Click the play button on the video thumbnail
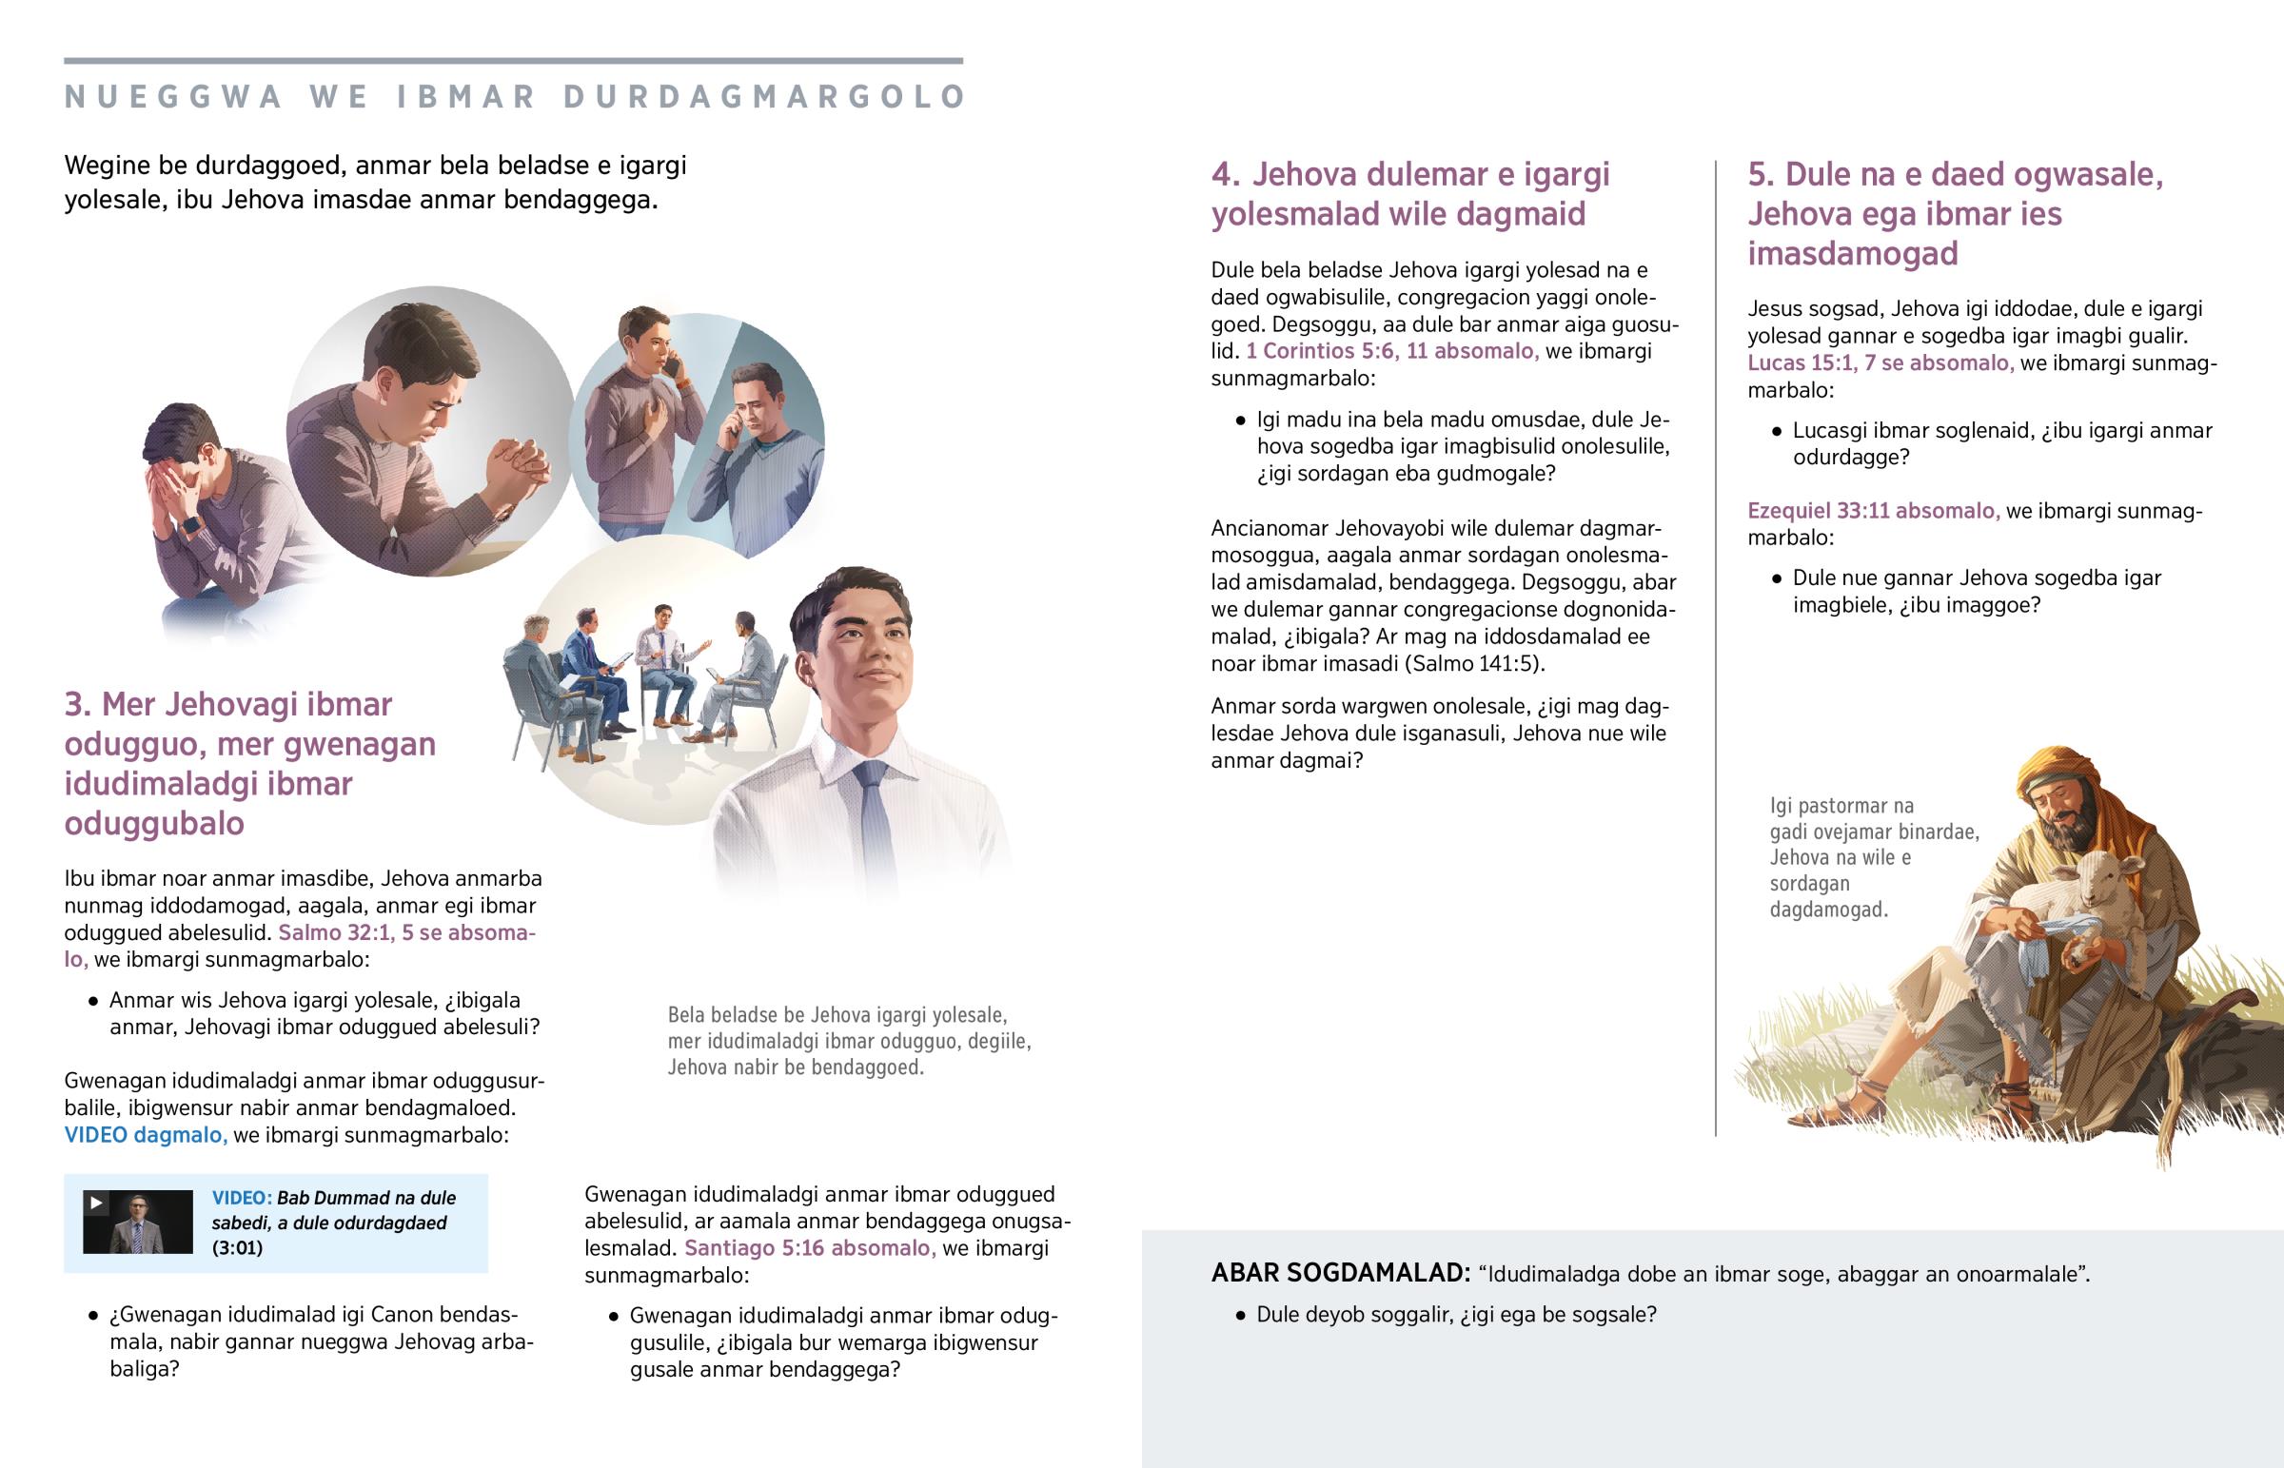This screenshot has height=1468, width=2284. point(95,1203)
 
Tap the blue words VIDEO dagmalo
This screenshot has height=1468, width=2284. point(146,1134)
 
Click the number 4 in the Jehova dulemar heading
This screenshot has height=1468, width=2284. point(1225,174)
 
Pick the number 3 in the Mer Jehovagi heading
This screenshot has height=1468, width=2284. point(76,704)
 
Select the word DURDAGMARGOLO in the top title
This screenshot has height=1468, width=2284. point(764,97)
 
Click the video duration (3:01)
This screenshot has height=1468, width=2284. point(237,1248)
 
